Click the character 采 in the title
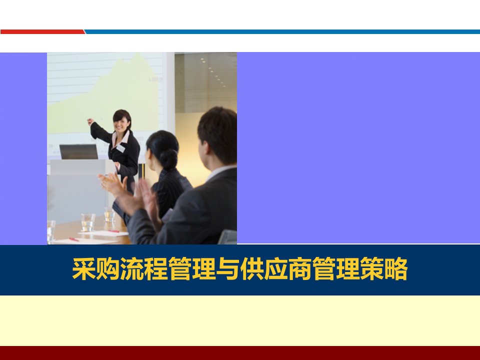click(83, 269)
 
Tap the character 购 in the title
click(108, 269)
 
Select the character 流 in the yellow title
click(131, 269)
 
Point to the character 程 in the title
click(155, 269)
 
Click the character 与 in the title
click(227, 269)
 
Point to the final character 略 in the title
click(395, 269)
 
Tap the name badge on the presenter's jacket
click(121, 148)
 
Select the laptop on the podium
click(79, 151)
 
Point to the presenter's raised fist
click(90, 121)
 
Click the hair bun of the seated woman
click(168, 158)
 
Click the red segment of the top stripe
click(42, 32)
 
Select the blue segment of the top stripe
click(282, 32)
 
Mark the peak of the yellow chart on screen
click(138, 53)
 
